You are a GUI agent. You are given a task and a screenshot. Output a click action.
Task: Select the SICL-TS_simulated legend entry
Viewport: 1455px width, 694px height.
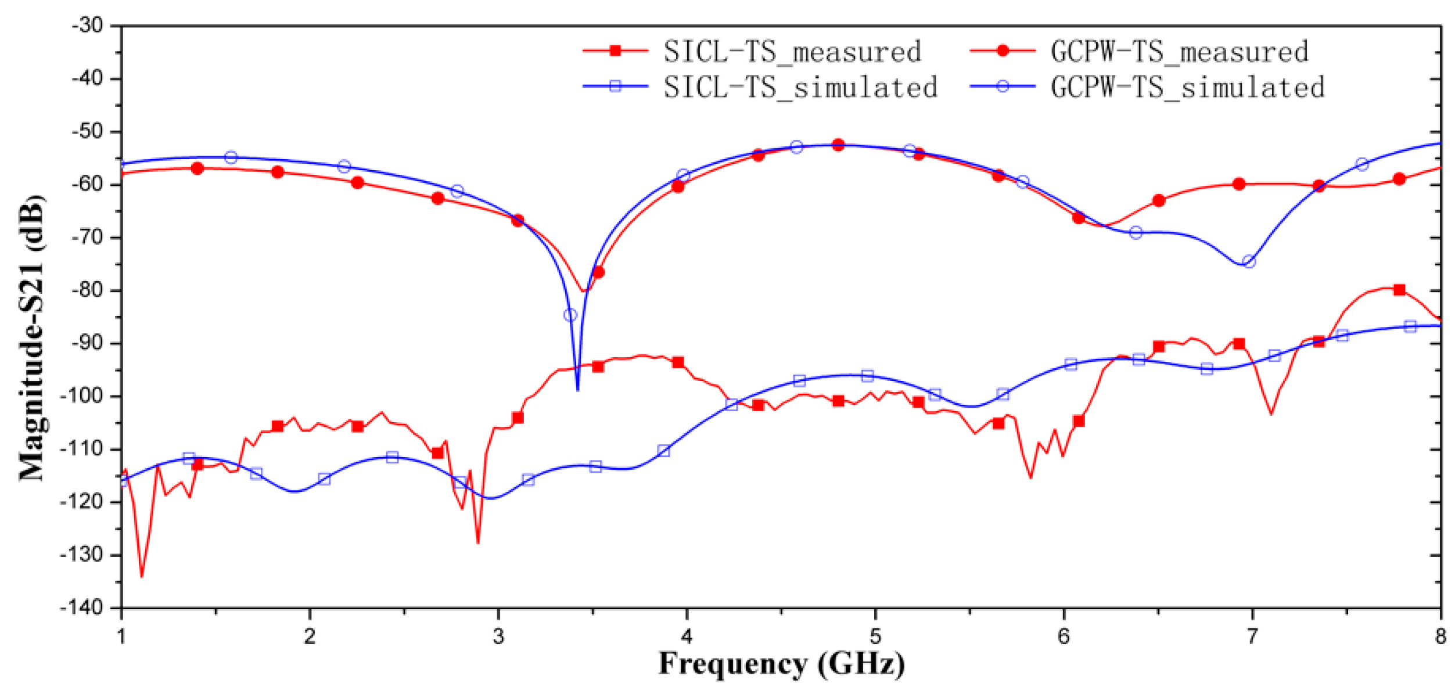[x=800, y=88]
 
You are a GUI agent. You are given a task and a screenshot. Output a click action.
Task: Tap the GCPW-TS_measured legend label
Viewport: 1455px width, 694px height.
[x=1180, y=52]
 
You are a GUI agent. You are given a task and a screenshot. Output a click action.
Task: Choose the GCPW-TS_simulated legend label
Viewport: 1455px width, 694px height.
[x=1187, y=88]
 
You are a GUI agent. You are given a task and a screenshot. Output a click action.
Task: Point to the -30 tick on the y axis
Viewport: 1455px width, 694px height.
[x=88, y=26]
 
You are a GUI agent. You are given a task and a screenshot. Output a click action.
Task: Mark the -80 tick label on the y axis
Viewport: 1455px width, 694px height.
[x=88, y=290]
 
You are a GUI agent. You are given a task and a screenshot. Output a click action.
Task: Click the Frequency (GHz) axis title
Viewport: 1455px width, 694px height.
[x=781, y=664]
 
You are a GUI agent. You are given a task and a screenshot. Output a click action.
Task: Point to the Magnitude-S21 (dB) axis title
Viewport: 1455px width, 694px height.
[x=32, y=339]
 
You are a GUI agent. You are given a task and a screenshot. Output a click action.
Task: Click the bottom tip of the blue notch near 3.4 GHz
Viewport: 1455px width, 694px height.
[x=577, y=390]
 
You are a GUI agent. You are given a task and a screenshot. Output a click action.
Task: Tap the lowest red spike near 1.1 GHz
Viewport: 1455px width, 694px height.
[x=142, y=576]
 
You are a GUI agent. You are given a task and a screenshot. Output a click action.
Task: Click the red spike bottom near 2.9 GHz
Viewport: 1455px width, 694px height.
[x=478, y=543]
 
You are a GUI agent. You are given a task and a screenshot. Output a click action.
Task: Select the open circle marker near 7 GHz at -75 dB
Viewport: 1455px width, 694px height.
[x=1249, y=262]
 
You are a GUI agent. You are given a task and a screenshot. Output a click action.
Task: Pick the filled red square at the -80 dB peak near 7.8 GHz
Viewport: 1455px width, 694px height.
[x=1399, y=290]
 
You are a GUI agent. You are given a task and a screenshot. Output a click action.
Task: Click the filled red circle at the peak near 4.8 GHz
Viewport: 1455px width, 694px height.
[x=838, y=145]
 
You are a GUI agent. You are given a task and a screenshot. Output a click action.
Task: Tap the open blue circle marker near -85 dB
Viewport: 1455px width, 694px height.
[x=570, y=315]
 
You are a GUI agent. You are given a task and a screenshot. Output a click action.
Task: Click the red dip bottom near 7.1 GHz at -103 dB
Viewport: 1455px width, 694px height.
[x=1271, y=414]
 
